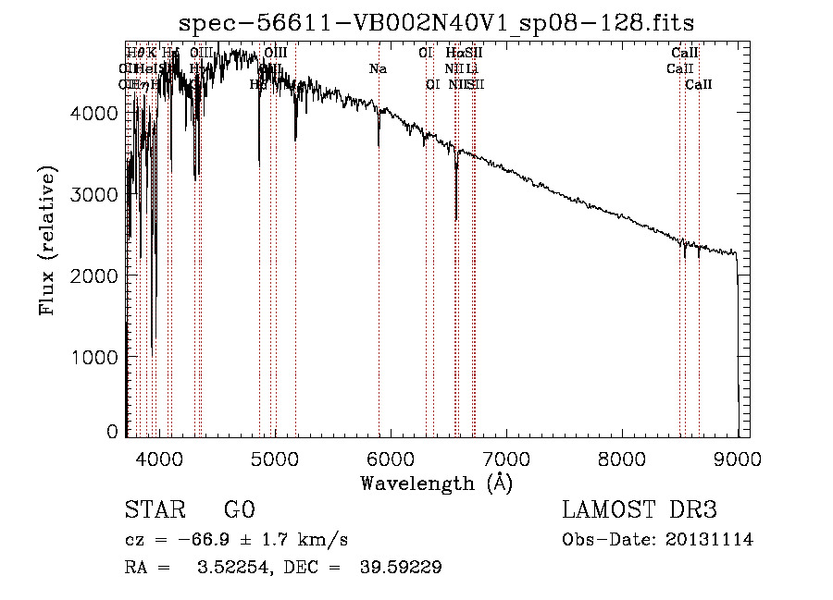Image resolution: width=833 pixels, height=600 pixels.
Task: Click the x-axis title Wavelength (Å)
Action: pos(437,483)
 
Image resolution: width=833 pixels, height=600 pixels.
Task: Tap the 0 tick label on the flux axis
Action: pos(112,431)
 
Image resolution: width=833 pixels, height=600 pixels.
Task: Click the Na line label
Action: pos(378,69)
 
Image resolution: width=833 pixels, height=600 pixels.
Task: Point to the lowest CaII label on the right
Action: pos(699,85)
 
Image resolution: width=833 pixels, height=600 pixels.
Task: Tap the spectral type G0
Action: pos(239,511)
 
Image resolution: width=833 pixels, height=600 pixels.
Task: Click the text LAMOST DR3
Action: pos(640,510)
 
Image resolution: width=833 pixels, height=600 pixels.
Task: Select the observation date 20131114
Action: pos(710,540)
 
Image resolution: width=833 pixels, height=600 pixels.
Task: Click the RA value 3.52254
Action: pos(228,569)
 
